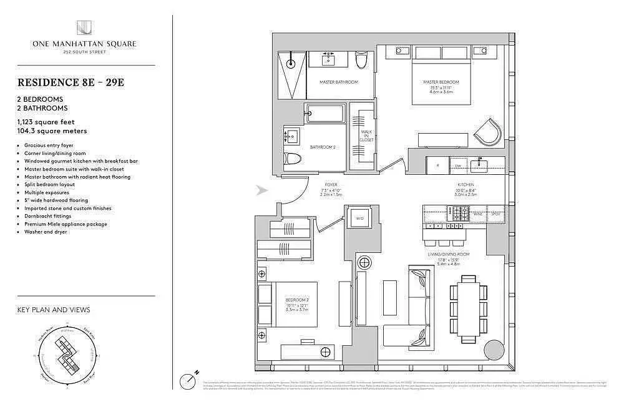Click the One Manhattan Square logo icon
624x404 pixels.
(84, 28)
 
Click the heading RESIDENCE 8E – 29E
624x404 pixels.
(71, 82)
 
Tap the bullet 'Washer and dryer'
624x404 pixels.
(46, 232)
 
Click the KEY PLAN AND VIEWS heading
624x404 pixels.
(54, 310)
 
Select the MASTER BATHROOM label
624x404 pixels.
(338, 82)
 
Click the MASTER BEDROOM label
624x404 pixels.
(441, 82)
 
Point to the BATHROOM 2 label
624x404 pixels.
(323, 147)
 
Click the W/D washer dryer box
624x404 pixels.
(360, 219)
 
